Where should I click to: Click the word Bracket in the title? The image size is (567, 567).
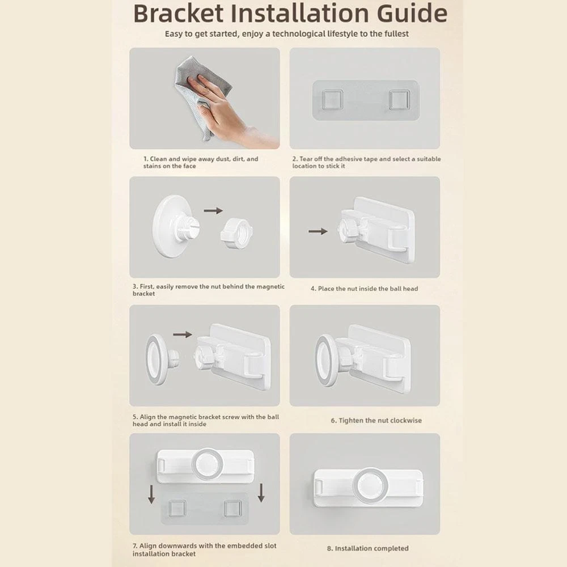(x=178, y=14)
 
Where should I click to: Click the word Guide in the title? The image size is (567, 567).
(x=412, y=14)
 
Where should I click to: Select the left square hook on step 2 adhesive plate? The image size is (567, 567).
(x=332, y=99)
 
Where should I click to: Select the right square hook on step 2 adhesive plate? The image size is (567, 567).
(x=400, y=100)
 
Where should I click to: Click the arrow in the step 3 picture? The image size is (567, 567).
(x=213, y=210)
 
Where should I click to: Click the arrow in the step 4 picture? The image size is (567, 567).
(x=318, y=231)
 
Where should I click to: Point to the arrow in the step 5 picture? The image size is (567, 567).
(x=183, y=335)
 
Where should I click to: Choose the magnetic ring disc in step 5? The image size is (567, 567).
(x=157, y=359)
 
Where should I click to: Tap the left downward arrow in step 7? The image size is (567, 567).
(x=151, y=494)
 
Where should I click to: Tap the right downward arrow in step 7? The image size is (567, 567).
(x=261, y=493)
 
